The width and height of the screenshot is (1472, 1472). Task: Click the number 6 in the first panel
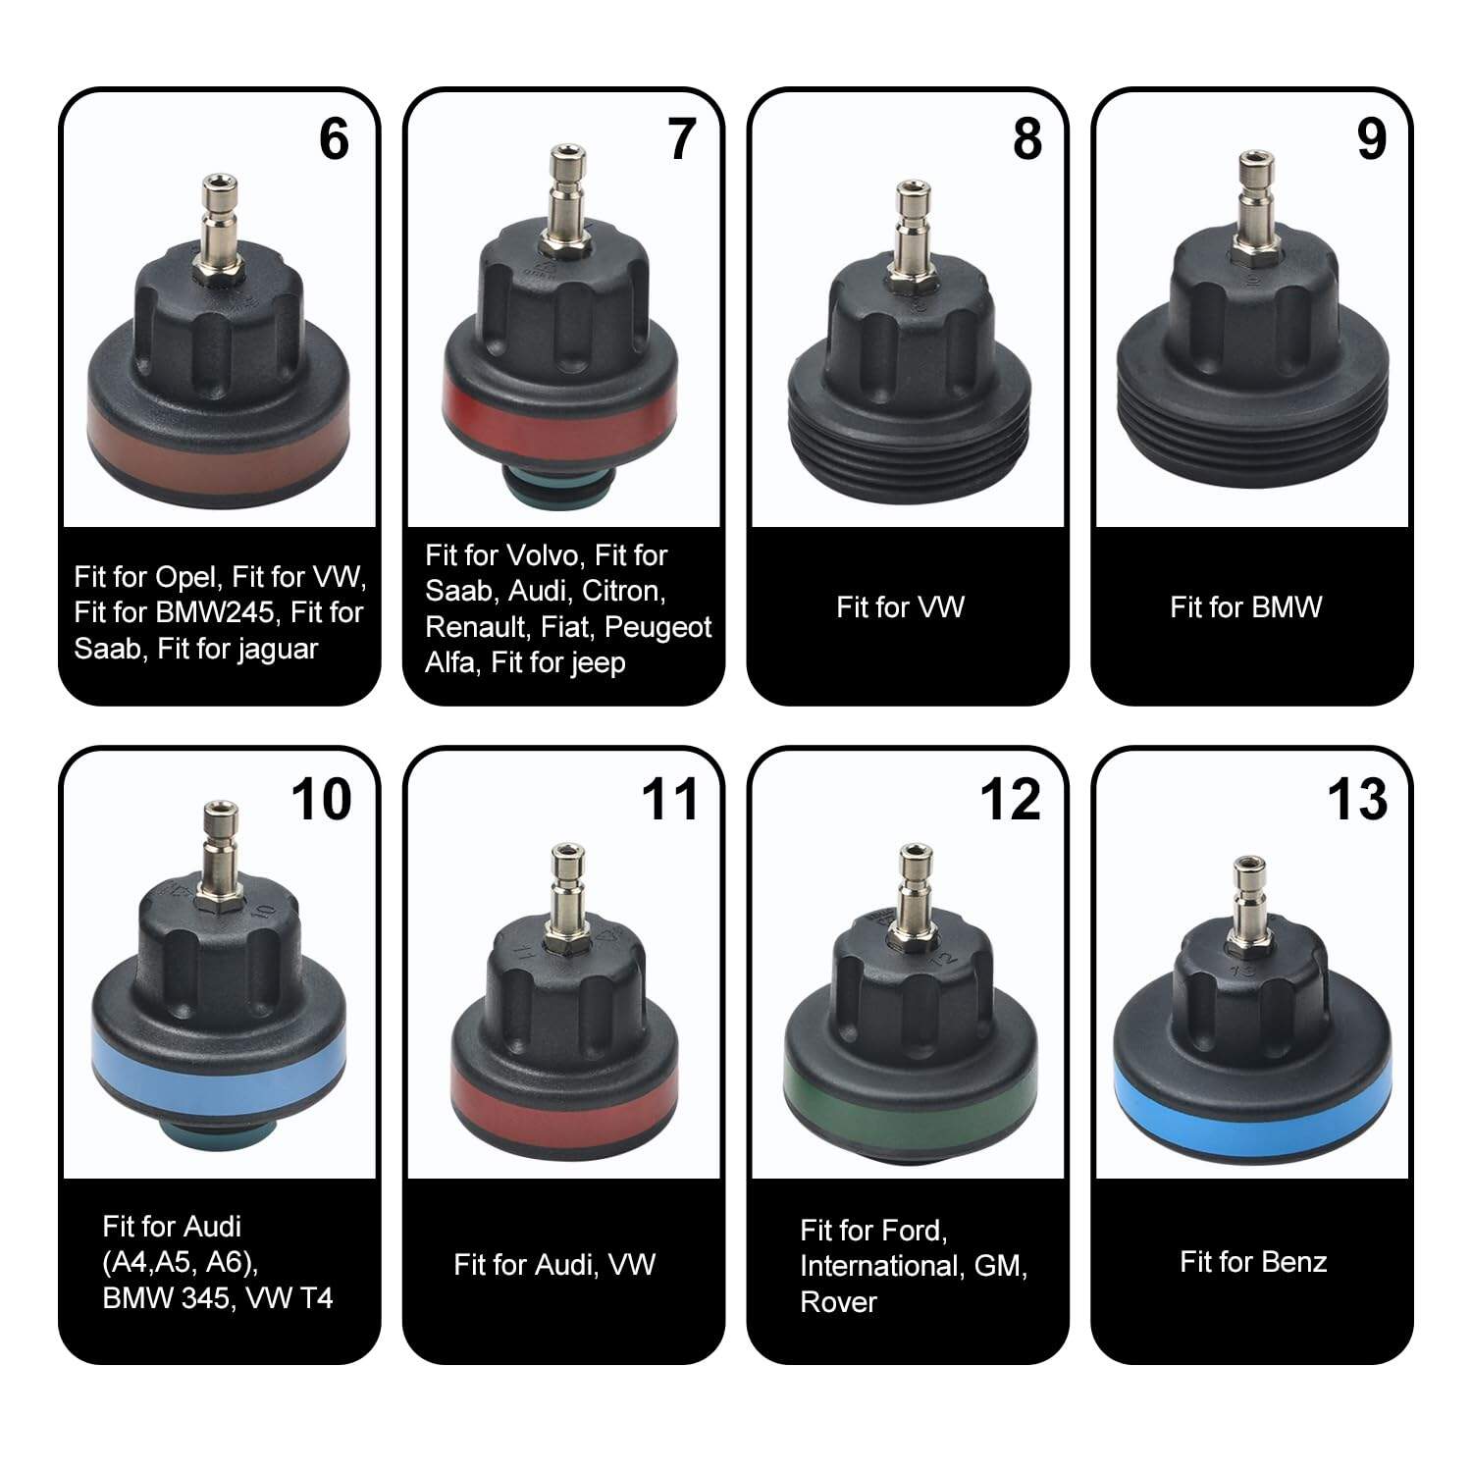[x=334, y=138]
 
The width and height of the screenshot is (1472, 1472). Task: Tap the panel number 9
[x=1371, y=138]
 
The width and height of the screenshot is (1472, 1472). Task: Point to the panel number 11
[x=669, y=799]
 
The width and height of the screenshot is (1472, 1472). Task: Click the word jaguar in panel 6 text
[x=278, y=650]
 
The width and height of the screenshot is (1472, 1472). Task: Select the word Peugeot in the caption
[x=657, y=628]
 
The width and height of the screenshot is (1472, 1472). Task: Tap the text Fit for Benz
[x=1253, y=1261]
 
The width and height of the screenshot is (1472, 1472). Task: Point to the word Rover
[x=839, y=1302]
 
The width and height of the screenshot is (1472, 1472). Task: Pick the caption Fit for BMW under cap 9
[x=1245, y=607]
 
